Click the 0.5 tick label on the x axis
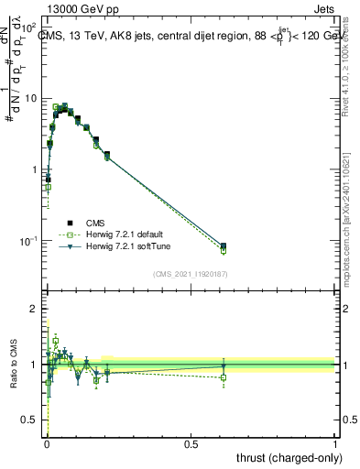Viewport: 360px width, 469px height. point(191,442)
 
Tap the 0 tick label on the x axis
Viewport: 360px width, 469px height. point(47,442)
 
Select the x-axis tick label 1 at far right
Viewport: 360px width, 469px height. point(335,442)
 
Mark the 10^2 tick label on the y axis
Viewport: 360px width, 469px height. point(29,27)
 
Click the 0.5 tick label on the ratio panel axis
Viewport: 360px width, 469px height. point(30,420)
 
